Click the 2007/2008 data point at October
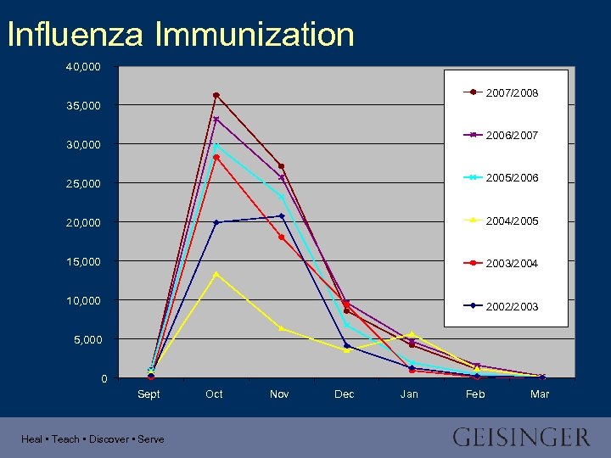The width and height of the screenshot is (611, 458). click(216, 95)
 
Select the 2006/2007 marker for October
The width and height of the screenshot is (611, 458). click(216, 119)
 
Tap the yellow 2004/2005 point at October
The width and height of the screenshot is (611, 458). click(216, 274)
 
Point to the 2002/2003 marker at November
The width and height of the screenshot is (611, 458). click(282, 216)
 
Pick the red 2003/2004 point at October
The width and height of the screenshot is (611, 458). click(216, 157)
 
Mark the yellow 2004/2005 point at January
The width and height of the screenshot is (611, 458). click(412, 333)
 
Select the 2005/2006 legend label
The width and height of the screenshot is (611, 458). click(511, 178)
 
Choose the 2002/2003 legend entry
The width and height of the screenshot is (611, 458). click(511, 306)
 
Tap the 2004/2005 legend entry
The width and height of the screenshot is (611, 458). click(511, 221)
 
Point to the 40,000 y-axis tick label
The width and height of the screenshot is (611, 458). click(83, 66)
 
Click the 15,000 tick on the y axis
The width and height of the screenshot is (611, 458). click(83, 261)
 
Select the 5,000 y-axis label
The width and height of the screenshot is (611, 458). click(87, 339)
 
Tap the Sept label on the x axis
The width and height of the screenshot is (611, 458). click(149, 394)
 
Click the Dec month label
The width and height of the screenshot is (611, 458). click(345, 394)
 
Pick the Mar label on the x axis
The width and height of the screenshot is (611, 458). click(540, 394)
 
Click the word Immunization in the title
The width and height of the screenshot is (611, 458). click(255, 35)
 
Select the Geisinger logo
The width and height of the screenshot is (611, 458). click(521, 438)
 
